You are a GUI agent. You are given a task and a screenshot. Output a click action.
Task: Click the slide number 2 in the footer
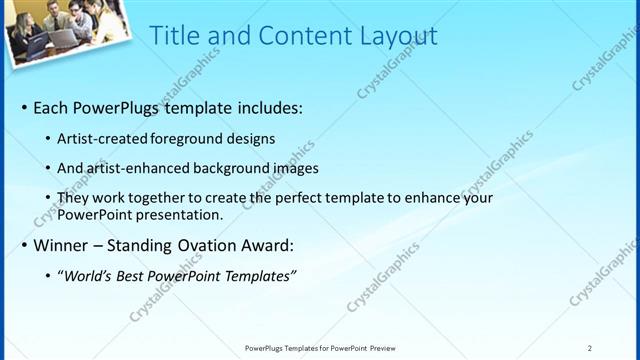[590, 348]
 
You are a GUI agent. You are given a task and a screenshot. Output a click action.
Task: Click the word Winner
[62, 245]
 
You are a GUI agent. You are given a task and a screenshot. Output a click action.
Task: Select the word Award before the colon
[267, 245]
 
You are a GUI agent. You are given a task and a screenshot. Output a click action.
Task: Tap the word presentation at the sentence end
[181, 214]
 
